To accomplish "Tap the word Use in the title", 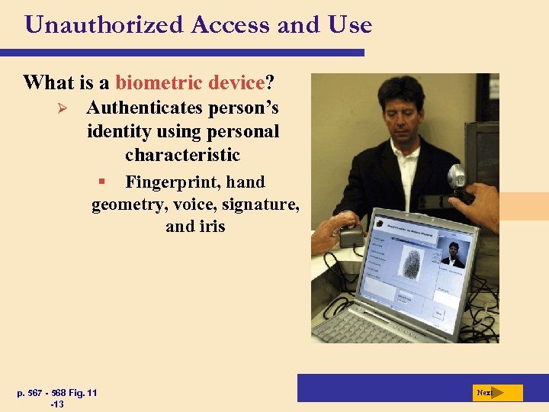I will [350, 25].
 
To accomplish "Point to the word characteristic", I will [182, 155].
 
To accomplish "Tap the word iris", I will [210, 227].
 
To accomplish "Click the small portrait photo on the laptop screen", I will [452, 254].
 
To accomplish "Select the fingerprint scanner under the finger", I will [351, 236].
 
